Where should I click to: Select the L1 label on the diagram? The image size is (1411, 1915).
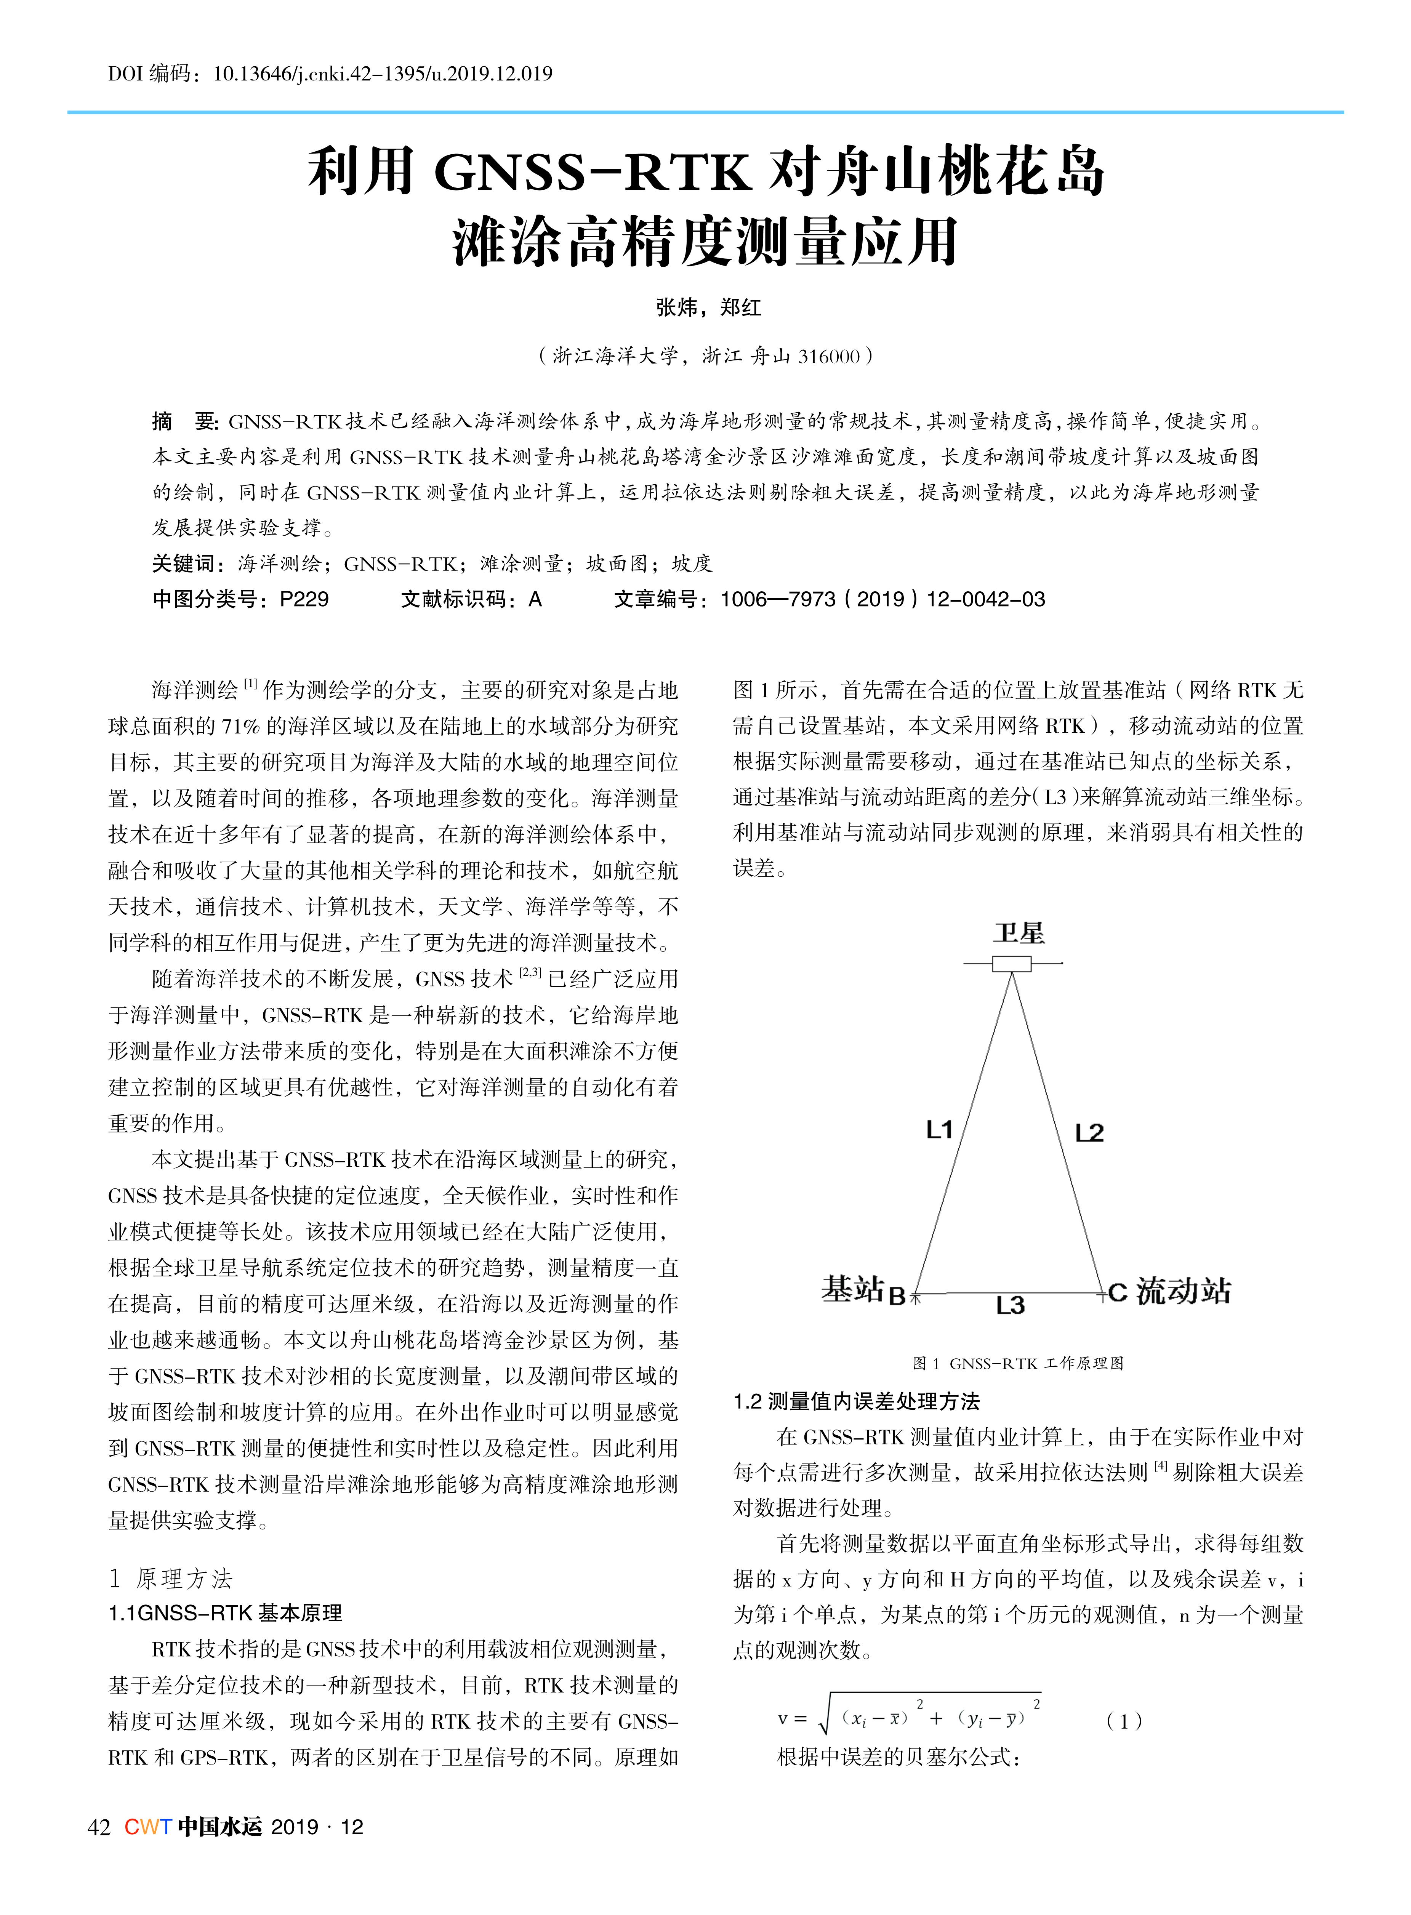point(940,1130)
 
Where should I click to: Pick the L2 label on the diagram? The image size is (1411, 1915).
point(1089,1134)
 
